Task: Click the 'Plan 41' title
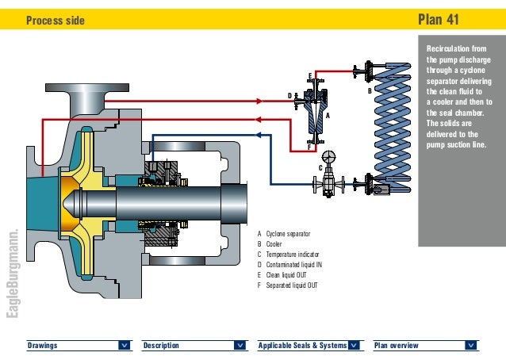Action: (447, 19)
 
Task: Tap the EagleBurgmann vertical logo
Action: (11, 274)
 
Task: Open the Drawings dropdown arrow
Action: (125, 346)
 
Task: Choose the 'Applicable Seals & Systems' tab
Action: (301, 346)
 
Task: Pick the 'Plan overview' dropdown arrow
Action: (471, 346)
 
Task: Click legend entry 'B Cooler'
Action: (270, 245)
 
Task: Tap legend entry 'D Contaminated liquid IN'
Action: (293, 265)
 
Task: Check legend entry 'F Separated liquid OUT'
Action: (290, 285)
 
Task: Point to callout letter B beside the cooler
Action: (369, 92)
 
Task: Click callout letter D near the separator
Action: (289, 95)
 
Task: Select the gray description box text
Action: (459, 95)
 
